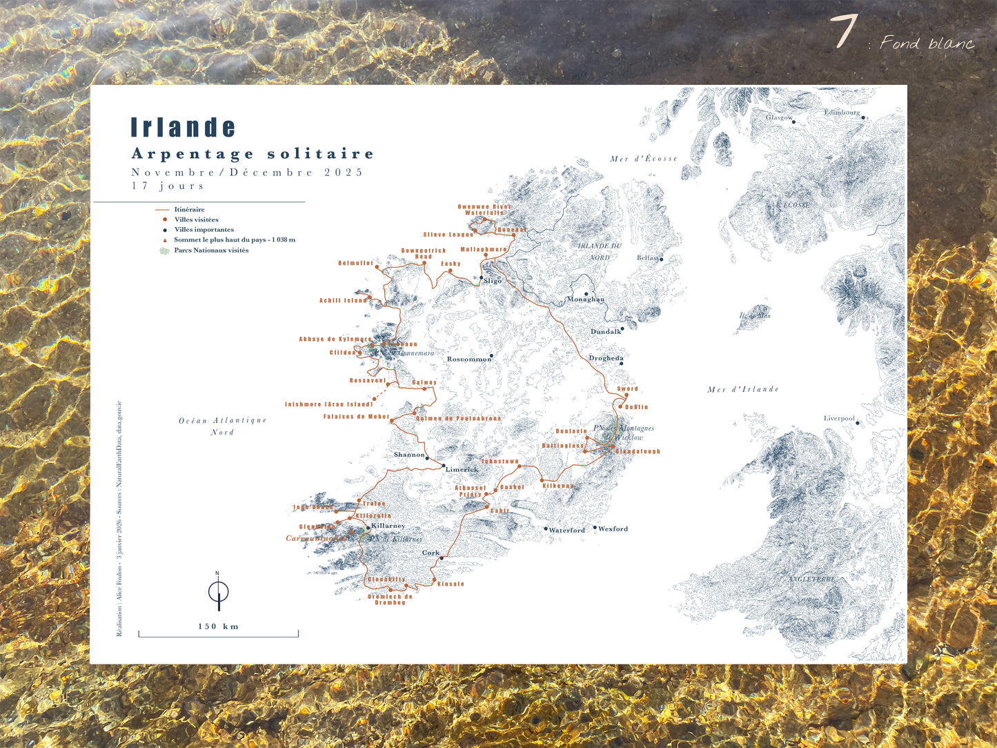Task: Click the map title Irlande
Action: coord(184,128)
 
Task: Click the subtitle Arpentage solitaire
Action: coord(253,154)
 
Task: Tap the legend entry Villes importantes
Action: coord(204,230)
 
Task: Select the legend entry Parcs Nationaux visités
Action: coord(210,250)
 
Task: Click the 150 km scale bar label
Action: coord(218,627)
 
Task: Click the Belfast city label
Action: coord(648,258)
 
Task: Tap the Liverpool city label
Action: coord(839,419)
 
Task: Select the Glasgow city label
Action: coord(779,117)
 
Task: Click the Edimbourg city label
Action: coord(842,112)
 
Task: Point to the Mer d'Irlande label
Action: coord(743,390)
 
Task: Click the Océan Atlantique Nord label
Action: coord(222,426)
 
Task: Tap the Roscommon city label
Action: coord(468,360)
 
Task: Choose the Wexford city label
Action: coord(613,529)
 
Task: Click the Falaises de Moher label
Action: coord(356,417)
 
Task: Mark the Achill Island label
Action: coord(343,301)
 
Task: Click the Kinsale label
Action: coord(451,584)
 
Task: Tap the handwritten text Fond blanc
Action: coord(927,43)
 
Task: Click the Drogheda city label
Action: coord(606,358)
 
